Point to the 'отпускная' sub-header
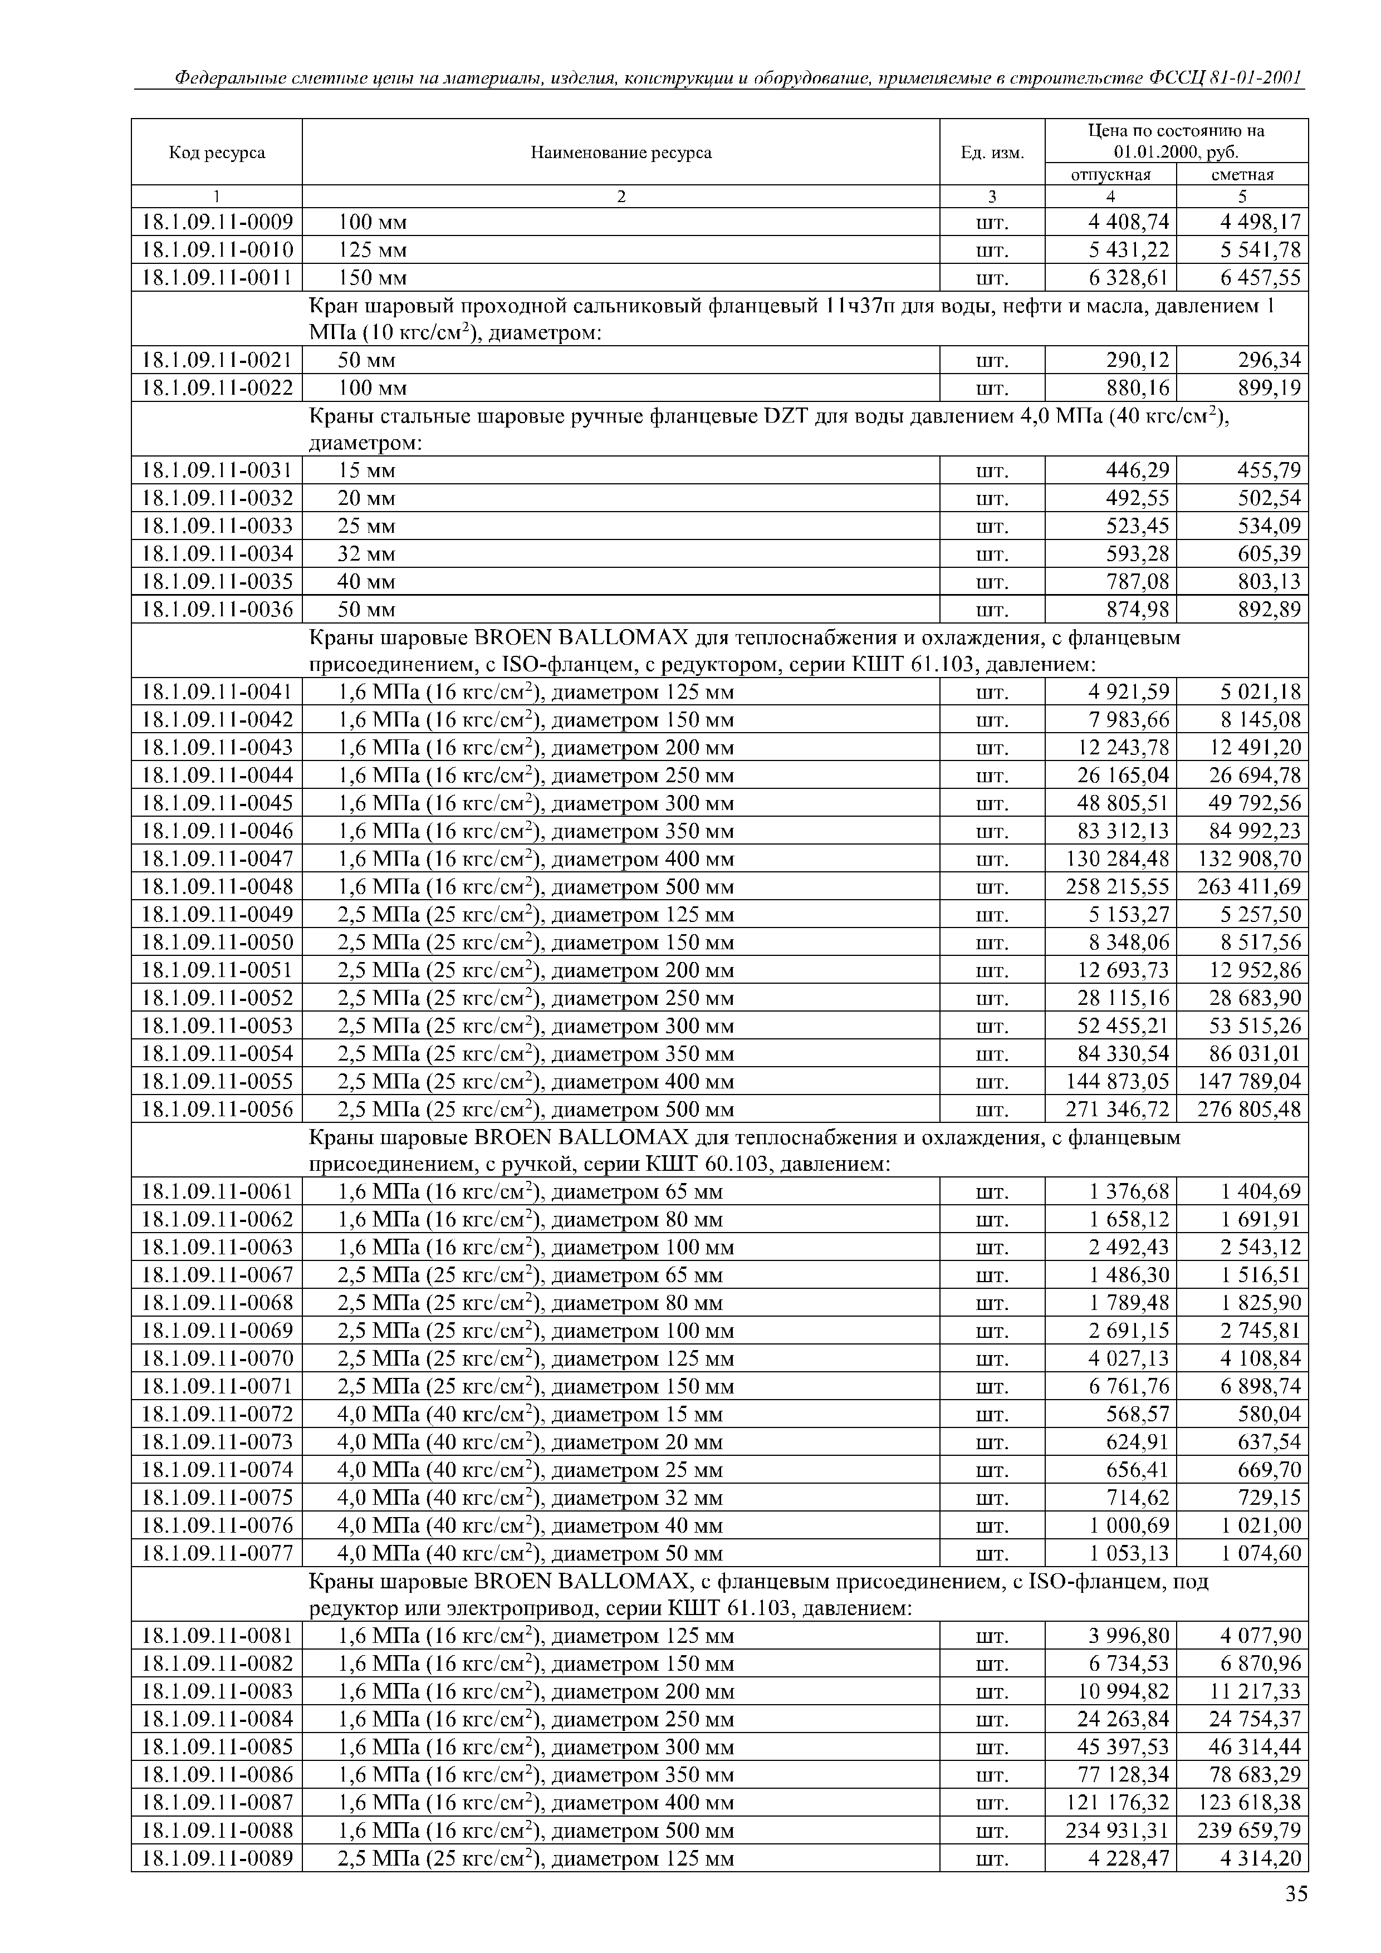pos(1110,174)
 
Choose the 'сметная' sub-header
pos(1242,174)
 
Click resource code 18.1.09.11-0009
pos(217,223)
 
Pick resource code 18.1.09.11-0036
pos(217,610)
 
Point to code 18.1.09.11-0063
pos(217,1248)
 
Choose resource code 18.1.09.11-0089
pos(217,1858)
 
